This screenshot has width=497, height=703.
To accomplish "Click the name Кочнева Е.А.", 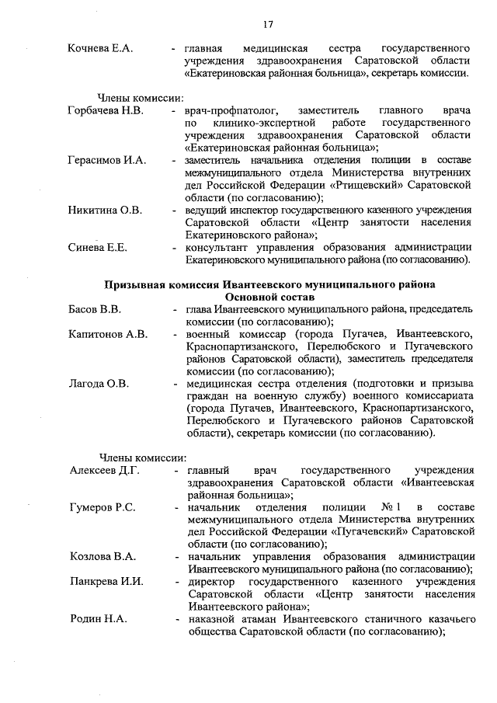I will [x=100, y=48].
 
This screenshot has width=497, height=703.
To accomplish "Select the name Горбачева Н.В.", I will [x=106, y=111].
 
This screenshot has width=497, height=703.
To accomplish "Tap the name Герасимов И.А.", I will [x=107, y=161].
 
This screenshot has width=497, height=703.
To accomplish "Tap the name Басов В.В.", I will [x=95, y=309].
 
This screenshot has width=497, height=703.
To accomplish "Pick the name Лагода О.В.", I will [x=99, y=384].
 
